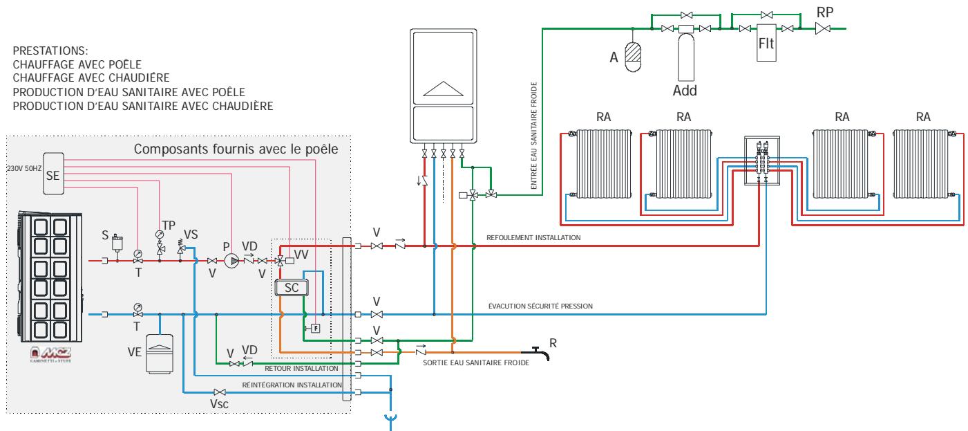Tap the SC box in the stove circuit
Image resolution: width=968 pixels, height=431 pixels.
292,288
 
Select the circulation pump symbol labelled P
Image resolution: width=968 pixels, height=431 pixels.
229,261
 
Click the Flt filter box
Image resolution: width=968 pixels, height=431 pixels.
767,46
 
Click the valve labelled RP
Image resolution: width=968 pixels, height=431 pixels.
824,28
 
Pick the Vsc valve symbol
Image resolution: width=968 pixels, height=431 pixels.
220,392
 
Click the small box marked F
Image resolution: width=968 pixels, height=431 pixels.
315,327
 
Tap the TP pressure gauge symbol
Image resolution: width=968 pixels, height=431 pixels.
160,235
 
